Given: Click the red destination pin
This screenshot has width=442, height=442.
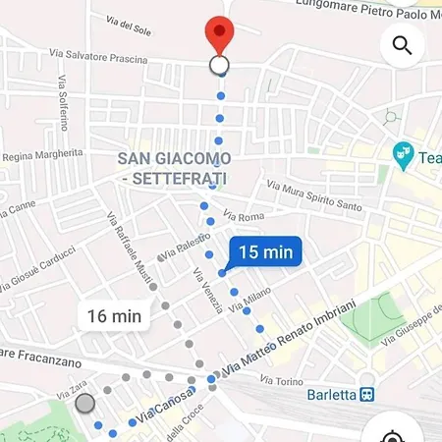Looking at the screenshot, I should tap(219, 36).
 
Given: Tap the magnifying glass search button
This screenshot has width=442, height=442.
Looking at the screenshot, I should tap(402, 45).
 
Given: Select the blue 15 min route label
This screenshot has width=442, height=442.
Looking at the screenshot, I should tap(265, 252).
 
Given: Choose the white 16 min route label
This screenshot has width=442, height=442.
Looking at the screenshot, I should tap(114, 316).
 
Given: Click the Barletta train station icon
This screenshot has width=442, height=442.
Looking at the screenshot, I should tap(366, 395).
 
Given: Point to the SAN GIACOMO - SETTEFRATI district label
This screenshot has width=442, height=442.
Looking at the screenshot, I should tap(174, 168).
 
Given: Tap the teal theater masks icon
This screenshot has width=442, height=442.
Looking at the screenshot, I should tap(402, 154).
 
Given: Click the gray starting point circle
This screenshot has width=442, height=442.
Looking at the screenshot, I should tap(85, 403).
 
